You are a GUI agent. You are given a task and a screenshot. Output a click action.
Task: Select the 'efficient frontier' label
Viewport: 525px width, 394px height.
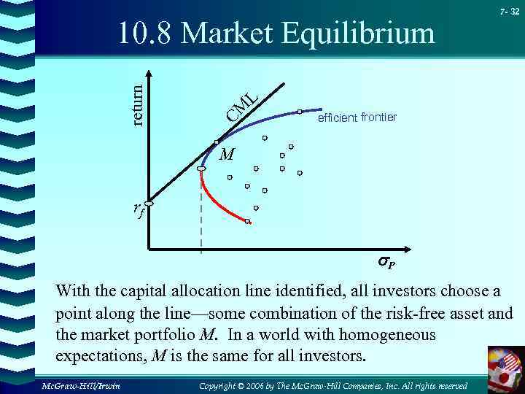357,117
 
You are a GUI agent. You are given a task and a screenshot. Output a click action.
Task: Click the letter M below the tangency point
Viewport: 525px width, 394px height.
227,155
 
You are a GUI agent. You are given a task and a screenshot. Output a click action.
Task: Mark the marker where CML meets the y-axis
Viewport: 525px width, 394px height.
149,204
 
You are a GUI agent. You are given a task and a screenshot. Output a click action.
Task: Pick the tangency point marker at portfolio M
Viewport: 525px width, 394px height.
217,142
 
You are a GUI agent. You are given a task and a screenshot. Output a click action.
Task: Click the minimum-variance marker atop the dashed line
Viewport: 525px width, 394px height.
201,169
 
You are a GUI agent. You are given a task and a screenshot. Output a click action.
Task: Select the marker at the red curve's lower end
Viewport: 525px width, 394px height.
248,221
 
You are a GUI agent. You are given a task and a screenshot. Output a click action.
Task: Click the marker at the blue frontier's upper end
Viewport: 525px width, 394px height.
300,112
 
